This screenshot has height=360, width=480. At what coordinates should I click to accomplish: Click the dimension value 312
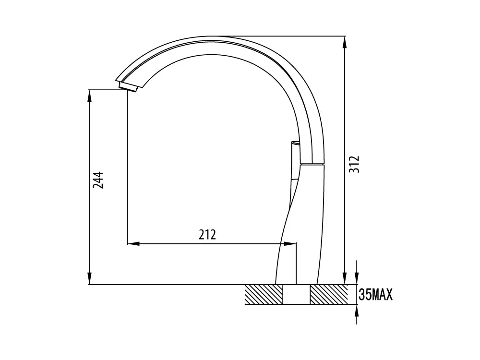354,164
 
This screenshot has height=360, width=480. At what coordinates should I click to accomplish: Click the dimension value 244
98,180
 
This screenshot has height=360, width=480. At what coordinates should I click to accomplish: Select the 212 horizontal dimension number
207,235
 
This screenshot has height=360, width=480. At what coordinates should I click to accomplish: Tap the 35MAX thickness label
375,295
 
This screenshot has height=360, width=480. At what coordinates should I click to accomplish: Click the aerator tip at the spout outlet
128,86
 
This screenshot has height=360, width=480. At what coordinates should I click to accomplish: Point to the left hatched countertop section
264,295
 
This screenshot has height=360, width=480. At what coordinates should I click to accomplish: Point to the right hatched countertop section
329,295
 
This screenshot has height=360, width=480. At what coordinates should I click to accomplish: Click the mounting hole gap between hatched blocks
296,295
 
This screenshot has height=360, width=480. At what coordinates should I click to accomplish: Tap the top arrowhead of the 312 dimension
345,42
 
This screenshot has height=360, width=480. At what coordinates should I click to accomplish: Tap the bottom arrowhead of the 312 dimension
345,278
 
